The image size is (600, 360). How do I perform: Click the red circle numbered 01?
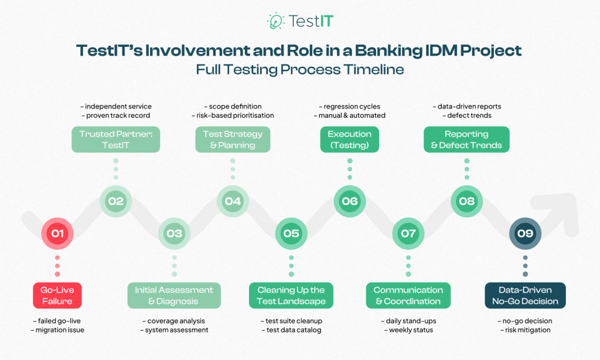point(57,233)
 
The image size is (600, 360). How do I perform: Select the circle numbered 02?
point(115,201)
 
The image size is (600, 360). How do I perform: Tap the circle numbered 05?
point(291,233)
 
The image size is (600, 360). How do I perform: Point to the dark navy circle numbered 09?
point(525,233)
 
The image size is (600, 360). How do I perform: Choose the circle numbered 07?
point(408,233)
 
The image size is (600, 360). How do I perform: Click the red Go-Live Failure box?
point(57,296)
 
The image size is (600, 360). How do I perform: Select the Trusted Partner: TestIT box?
point(115,140)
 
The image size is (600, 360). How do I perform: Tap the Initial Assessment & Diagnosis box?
point(174,296)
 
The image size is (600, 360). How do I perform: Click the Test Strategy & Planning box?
point(233,140)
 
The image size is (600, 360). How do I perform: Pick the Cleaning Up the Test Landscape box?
point(291,296)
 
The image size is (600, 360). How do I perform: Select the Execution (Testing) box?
point(350,140)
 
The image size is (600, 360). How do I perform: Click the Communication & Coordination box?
point(408,296)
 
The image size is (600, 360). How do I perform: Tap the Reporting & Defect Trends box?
point(466,140)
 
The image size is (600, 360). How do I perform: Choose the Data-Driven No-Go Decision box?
point(525,296)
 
